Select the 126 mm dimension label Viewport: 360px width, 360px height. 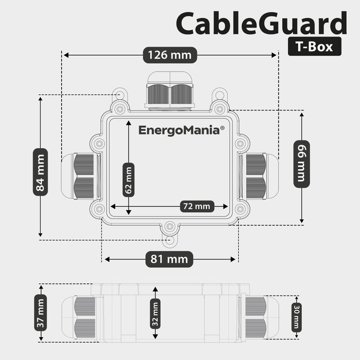click(169, 55)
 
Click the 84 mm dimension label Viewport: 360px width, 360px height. click(40, 174)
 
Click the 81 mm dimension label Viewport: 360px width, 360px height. click(170, 260)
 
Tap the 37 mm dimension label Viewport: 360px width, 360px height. click(40, 313)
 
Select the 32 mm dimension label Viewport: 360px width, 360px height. click(155, 313)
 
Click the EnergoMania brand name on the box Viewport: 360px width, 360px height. click(179, 130)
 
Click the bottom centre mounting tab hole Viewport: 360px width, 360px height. click(170, 226)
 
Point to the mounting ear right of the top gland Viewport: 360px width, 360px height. click(221, 95)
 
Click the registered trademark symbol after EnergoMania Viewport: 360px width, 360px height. click(222, 127)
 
